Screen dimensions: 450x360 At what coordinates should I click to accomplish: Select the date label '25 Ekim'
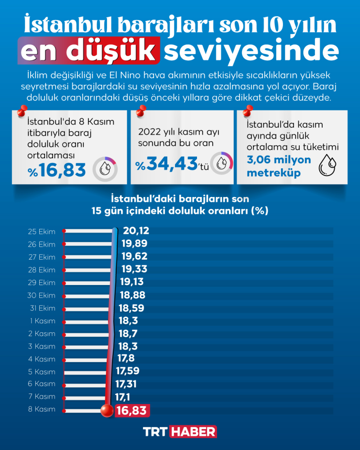tap(42, 232)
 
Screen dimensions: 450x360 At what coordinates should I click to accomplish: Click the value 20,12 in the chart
tap(136, 231)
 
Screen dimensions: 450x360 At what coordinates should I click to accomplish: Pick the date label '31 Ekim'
tap(42, 308)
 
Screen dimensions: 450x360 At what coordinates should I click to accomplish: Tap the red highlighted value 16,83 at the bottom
tap(131, 410)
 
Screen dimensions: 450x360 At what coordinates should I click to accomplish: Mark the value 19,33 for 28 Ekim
tap(134, 269)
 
